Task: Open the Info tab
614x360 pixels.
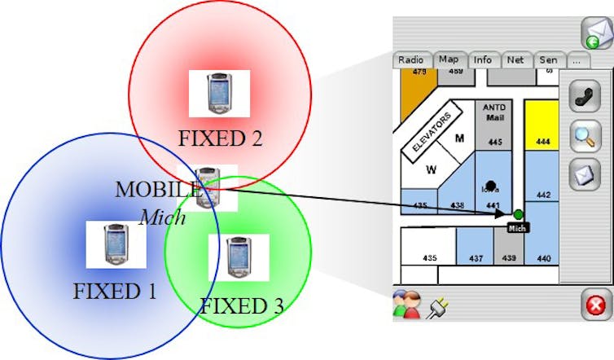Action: point(482,59)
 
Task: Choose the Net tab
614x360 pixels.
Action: point(515,59)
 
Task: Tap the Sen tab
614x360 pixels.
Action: point(548,59)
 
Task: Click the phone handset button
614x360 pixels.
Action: point(583,96)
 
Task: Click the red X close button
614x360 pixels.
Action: point(595,305)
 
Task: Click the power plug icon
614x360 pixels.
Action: point(437,305)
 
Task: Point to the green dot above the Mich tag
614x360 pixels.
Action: point(518,214)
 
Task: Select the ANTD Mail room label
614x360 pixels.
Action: point(495,113)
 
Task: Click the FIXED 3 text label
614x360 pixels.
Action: point(242,306)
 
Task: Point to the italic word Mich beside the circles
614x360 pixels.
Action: point(162,217)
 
